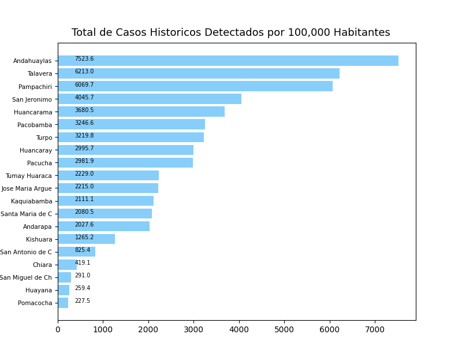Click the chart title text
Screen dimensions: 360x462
[230, 33]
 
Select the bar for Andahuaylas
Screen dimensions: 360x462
[228, 61]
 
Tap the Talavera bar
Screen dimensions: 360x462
[199, 73]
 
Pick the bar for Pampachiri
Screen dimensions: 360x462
[195, 86]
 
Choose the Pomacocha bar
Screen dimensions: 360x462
[63, 302]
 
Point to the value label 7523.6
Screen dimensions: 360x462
[84, 59]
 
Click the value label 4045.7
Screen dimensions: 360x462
[84, 97]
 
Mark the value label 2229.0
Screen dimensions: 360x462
[84, 173]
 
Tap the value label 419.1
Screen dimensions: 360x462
[83, 262]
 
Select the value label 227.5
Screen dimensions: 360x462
[83, 300]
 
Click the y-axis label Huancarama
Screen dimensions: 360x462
[33, 112]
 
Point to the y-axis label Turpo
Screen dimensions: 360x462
[44, 138]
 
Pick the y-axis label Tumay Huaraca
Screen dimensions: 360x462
[29, 176]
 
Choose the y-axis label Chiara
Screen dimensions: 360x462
[42, 265]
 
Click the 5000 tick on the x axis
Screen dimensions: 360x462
[284, 329]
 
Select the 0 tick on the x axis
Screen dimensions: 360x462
[58, 329]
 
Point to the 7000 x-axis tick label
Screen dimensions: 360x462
[375, 329]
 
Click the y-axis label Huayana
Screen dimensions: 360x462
[39, 290]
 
